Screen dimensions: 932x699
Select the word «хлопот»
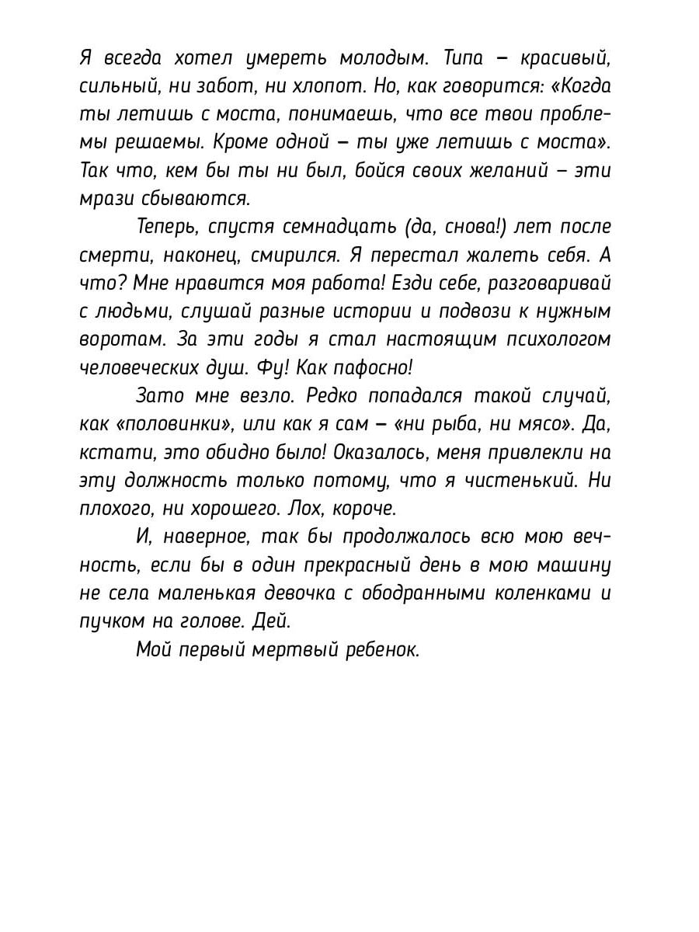click(332, 86)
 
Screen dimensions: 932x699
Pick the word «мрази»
click(104, 198)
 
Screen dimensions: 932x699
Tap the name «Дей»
click(276, 621)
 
